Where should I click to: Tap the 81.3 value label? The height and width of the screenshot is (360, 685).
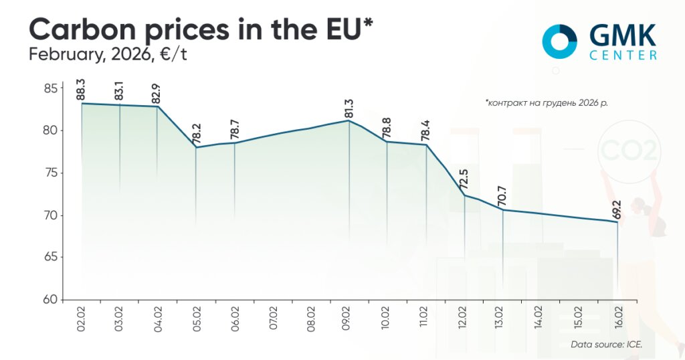[349, 109]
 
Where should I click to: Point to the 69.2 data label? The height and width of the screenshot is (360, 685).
[617, 208]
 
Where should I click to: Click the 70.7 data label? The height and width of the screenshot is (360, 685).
[502, 197]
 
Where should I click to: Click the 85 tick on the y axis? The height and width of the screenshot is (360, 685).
[51, 88]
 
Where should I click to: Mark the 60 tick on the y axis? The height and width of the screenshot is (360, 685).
[51, 300]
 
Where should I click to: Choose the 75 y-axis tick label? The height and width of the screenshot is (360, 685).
[51, 173]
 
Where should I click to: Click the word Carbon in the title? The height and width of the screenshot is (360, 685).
[80, 29]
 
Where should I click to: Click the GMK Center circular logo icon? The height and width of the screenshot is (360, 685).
[559, 41]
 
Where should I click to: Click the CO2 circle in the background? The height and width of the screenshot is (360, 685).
[629, 151]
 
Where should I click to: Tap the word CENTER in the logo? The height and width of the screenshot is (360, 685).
[623, 56]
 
